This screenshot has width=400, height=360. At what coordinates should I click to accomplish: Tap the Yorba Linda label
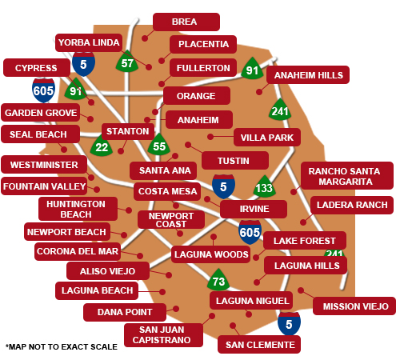click(x=89, y=42)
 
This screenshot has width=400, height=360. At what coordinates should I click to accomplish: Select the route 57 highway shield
click(x=127, y=62)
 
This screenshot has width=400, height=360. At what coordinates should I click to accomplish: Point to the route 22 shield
click(x=102, y=146)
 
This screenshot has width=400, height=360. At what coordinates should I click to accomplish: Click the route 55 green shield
click(x=159, y=145)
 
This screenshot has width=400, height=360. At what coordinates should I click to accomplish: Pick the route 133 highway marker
click(x=264, y=186)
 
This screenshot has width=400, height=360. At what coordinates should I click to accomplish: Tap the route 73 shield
click(x=218, y=280)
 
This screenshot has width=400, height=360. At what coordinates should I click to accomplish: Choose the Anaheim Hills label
click(x=308, y=75)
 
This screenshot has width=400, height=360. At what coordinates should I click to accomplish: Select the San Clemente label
click(x=259, y=345)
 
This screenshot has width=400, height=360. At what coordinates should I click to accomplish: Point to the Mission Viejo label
click(x=354, y=306)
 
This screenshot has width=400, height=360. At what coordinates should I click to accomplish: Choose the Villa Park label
click(x=267, y=138)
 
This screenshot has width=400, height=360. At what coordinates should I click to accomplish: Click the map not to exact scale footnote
click(x=62, y=346)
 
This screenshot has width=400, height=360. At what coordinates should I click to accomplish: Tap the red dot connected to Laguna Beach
click(x=162, y=292)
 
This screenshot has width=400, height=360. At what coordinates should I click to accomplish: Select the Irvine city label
click(x=254, y=209)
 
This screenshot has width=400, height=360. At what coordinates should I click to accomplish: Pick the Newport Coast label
click(x=171, y=220)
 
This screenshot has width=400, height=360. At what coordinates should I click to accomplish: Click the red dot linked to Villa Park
click(x=210, y=137)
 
